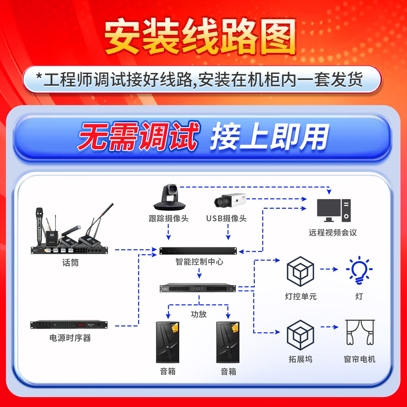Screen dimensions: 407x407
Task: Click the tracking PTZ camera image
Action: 169,197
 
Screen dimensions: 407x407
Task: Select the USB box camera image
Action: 230,200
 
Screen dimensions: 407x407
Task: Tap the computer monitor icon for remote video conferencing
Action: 334,210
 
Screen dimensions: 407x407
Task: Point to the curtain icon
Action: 360,333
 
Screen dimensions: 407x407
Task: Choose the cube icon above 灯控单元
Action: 300,271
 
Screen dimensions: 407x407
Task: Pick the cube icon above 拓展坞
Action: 300,335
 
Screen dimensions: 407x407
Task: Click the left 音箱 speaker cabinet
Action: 168,342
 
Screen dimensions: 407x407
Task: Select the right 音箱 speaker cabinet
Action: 228,342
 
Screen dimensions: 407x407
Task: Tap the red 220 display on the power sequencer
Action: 81,325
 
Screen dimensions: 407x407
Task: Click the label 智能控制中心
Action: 199,262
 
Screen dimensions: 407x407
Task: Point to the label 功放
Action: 198,314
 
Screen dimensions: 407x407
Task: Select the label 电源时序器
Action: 70,338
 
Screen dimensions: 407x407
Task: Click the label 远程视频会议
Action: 333,233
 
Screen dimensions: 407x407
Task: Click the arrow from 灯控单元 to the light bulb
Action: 329,269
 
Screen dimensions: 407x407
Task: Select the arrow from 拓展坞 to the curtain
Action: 330,327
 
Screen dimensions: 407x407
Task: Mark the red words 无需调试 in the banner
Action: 138,137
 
